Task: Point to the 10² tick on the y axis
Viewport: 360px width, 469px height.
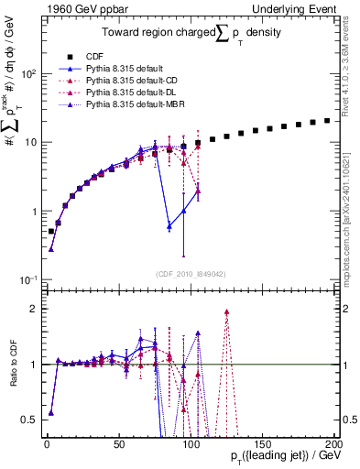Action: tap(28, 73)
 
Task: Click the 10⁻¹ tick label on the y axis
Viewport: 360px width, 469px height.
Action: tap(28, 279)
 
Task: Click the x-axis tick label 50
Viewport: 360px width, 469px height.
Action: tap(118, 442)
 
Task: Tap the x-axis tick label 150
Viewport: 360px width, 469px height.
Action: tap(261, 442)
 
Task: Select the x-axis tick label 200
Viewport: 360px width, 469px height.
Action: tap(332, 442)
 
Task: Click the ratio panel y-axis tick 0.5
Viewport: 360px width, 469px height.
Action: tap(32, 420)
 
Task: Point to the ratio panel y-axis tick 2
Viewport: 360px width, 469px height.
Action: tap(36, 309)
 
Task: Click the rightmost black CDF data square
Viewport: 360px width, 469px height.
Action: tap(327, 120)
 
